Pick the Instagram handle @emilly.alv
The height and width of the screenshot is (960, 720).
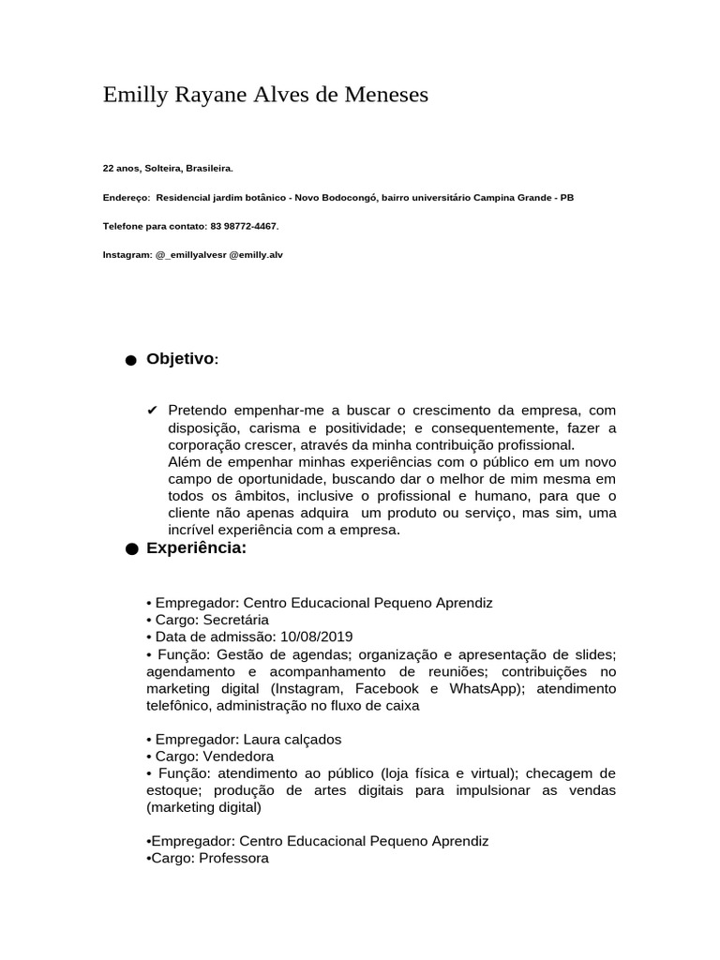pos(256,254)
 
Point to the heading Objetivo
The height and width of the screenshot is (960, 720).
pos(181,359)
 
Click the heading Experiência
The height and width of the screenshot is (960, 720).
pos(196,548)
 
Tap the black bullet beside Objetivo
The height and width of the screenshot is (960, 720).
pos(129,361)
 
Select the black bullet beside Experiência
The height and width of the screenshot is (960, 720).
pos(129,550)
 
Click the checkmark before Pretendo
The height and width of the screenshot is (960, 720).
pos(153,411)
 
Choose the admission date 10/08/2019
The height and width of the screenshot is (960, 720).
pos(321,637)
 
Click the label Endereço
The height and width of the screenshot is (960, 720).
pos(126,198)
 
